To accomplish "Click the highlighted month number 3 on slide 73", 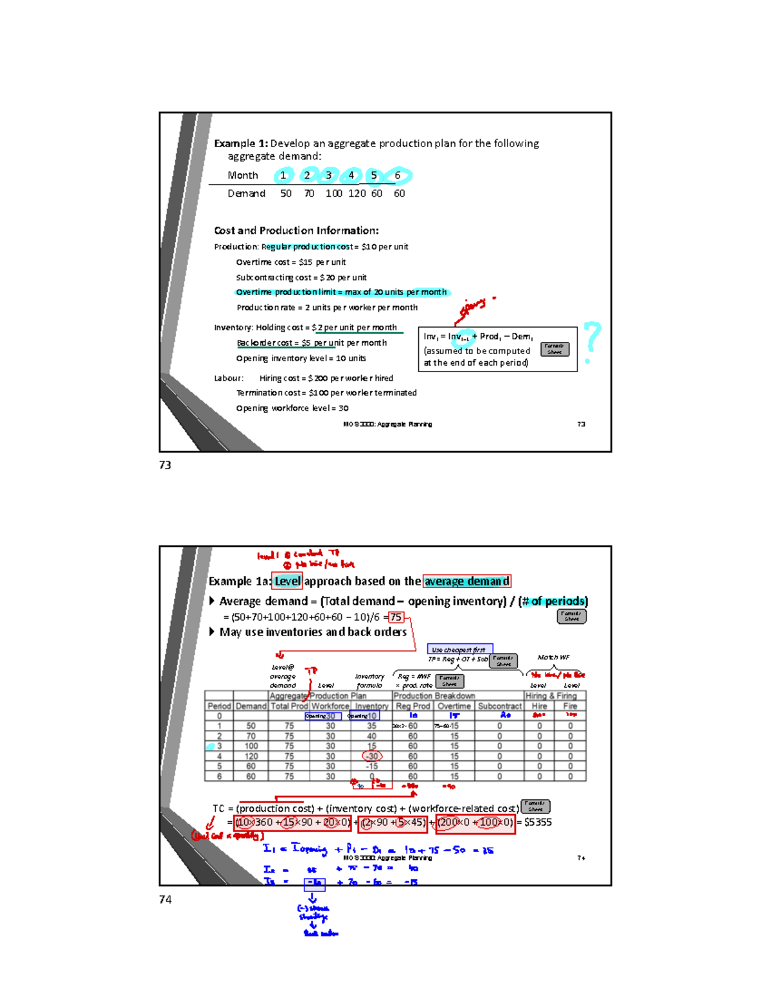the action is point(328,175).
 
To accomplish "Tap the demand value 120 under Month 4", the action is point(357,193).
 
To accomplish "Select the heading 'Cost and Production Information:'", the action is point(296,231).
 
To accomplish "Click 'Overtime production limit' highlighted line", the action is point(341,292).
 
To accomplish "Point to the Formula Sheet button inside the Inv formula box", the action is point(554,349).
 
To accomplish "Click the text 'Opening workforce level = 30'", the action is point(292,408).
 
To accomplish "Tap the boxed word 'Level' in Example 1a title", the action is point(287,581).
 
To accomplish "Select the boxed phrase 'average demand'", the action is point(466,581).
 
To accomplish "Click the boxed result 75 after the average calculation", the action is point(396,617).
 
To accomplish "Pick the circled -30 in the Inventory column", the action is point(372,756).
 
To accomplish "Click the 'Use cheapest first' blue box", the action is point(459,650).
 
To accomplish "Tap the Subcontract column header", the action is point(499,706).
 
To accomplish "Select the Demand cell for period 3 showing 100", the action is point(251,746).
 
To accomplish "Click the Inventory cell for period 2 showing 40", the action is point(371,736).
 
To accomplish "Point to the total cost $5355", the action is point(538,823).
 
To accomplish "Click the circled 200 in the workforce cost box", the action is point(447,823).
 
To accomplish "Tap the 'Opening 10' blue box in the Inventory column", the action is point(364,715).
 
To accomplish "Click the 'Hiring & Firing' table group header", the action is point(551,696).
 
